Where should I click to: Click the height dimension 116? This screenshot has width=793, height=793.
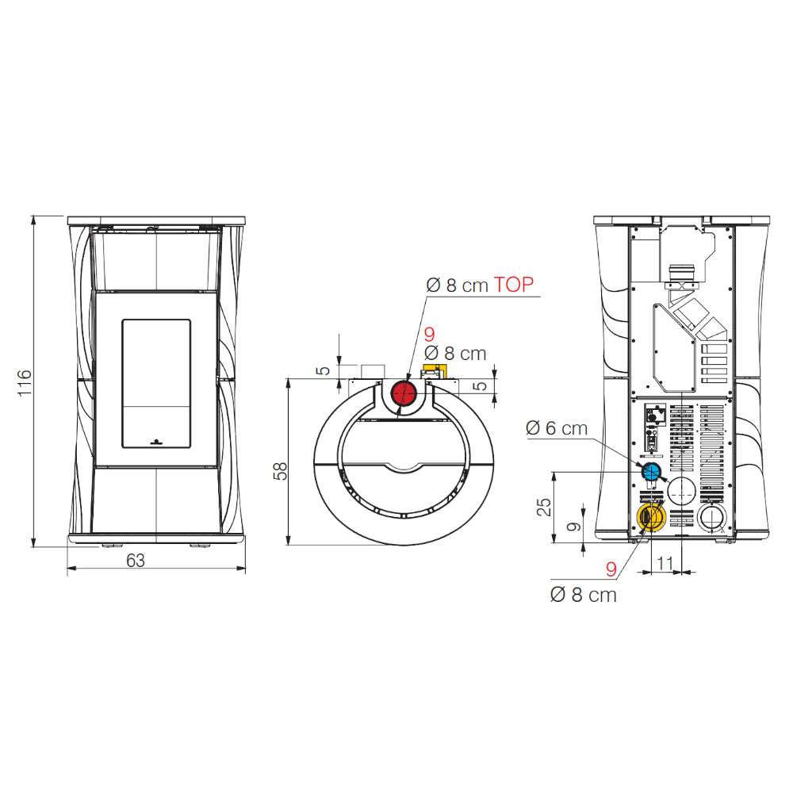pos(25,383)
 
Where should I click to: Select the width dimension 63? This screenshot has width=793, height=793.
pos(136,561)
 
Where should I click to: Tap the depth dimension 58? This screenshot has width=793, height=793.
pos(280,471)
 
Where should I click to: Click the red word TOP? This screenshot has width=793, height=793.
pos(513,285)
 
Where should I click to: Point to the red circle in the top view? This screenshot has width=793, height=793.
pos(404,393)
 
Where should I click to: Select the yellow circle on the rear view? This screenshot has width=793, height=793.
pos(651,517)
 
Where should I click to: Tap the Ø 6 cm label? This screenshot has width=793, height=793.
pos(557,428)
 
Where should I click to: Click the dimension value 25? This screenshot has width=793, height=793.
pos(544,508)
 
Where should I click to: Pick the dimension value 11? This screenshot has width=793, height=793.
pos(665,563)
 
